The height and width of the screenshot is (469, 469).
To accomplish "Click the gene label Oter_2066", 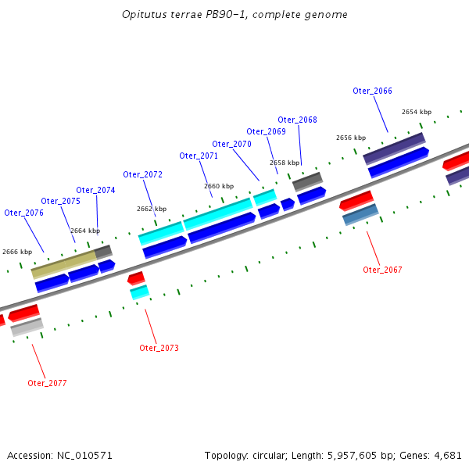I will point(372,91).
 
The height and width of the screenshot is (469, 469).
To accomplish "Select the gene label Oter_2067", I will point(382,270).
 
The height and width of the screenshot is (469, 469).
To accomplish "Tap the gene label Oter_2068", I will point(297,120).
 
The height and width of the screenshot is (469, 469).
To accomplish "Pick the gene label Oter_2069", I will point(266,131).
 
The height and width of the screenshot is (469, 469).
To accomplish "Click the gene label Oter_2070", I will point(231,144).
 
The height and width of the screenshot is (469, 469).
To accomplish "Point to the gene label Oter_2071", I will point(199,156).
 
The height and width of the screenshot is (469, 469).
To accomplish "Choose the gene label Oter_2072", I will point(142,174).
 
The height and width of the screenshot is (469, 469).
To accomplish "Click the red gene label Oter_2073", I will point(159,348).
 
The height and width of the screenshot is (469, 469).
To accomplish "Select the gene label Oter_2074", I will point(95,190).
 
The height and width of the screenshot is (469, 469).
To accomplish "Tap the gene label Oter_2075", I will point(60,201).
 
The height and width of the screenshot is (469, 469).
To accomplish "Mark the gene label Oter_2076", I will point(23,213).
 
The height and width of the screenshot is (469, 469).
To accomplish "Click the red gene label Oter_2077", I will point(47,383).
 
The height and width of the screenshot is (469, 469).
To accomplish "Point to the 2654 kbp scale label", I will point(417,112).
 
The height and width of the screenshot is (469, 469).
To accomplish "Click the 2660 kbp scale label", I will point(219,186).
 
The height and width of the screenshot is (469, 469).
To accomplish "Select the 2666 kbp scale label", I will point(17,252).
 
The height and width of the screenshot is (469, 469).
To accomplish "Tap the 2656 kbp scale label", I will point(351,138).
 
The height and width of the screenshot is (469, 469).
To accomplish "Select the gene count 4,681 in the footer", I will point(448,455).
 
